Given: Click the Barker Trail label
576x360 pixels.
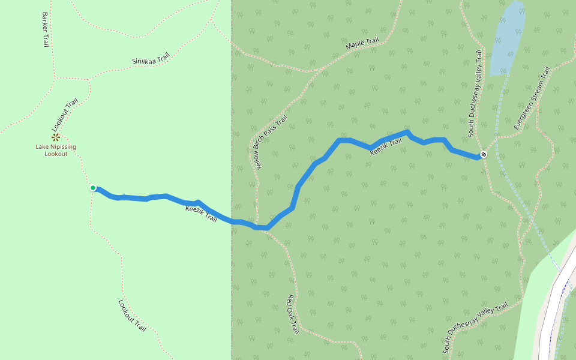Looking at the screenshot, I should tap(46, 30).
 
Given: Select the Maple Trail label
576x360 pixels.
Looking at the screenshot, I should tap(362, 44).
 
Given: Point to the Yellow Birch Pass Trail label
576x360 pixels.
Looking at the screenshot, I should tap(271, 143).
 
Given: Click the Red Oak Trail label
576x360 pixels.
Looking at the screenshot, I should tap(293, 314).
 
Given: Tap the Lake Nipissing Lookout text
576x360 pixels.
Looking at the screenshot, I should tap(56, 151).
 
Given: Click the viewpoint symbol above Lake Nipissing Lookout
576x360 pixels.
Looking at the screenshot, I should tap(56, 137).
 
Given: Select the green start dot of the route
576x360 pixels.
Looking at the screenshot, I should tap(93, 188).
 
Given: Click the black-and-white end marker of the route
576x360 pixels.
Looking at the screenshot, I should tap(484, 155).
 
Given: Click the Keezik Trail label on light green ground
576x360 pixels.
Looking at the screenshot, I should tap(201, 214).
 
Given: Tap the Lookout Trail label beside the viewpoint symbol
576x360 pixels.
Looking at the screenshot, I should tap(65, 115).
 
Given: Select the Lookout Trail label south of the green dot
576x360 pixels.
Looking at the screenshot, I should tap(133, 316).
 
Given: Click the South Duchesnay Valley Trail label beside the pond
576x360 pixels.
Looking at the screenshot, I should tap(475, 93).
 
